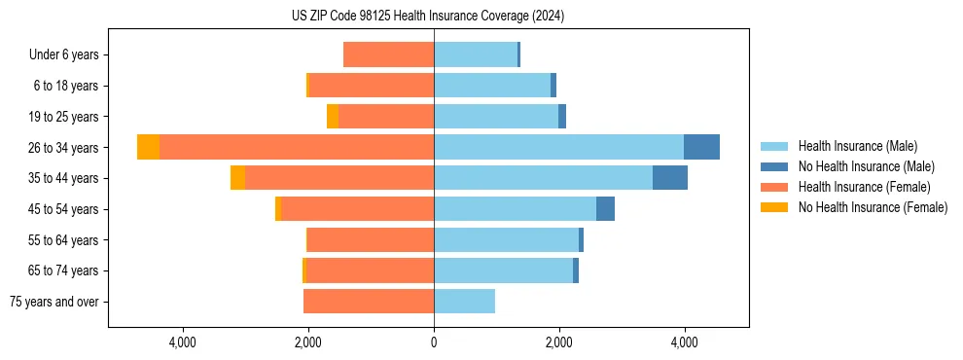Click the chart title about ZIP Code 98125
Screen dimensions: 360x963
click(x=428, y=17)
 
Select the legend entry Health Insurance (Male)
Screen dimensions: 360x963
click(x=857, y=146)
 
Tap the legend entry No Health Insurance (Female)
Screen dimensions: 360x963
click(x=873, y=207)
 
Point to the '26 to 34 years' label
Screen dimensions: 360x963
click(x=64, y=148)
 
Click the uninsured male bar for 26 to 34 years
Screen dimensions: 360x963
click(x=701, y=147)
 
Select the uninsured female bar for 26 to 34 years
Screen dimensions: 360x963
click(x=148, y=147)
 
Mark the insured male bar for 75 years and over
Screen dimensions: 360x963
click(x=464, y=302)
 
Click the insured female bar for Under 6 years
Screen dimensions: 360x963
click(x=388, y=54)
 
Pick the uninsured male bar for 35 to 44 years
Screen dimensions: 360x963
click(x=670, y=178)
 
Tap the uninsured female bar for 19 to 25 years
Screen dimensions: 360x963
click(x=333, y=117)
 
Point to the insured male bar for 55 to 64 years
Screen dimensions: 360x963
click(x=506, y=240)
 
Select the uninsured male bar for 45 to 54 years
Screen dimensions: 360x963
click(x=605, y=209)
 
